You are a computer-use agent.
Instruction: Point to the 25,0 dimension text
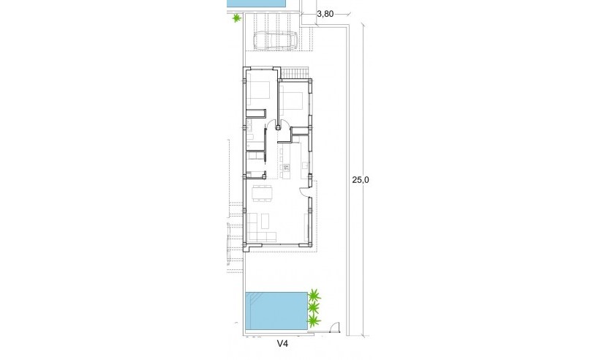[x=361, y=180]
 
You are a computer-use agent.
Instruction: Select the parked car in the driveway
[x=274, y=41]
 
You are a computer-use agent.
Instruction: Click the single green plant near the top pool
[x=236, y=19]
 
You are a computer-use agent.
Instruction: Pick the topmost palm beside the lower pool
[x=314, y=296]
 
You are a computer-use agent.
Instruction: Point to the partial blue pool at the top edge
[x=256, y=4]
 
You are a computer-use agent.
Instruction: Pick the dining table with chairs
[x=262, y=194]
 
